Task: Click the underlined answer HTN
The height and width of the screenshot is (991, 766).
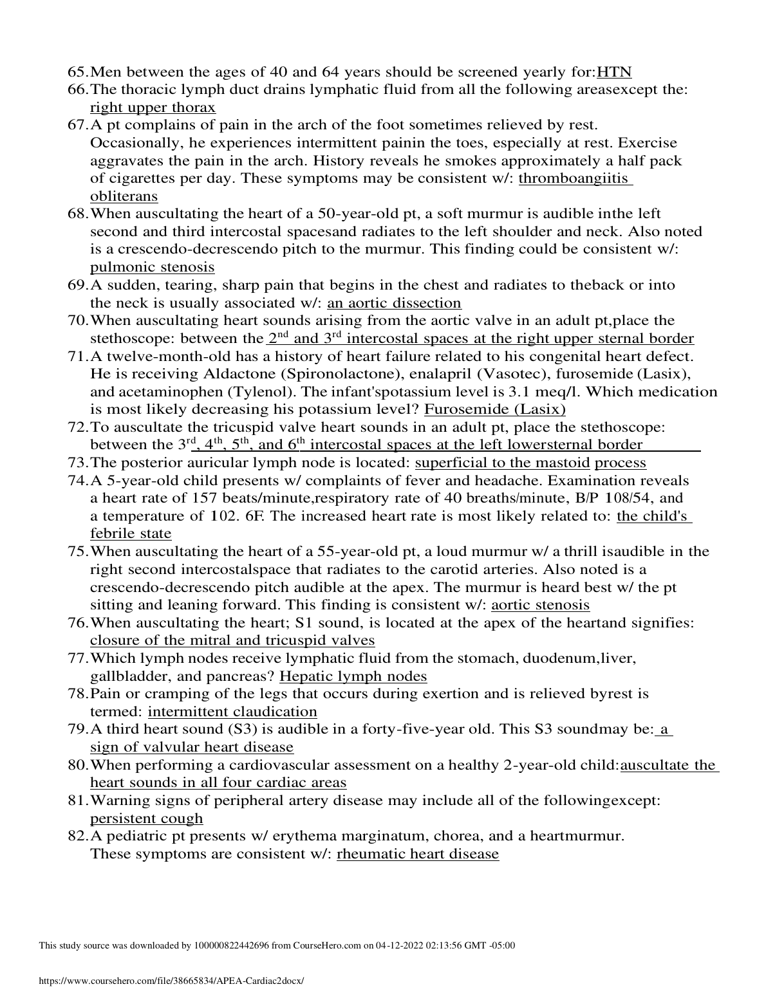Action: tap(615, 71)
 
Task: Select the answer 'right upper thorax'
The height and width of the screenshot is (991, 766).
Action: tap(153, 107)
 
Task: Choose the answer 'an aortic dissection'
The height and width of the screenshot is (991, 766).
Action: tap(394, 302)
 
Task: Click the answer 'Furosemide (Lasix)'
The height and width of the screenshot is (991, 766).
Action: tap(495, 409)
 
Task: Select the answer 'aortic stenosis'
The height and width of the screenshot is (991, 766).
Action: tap(540, 605)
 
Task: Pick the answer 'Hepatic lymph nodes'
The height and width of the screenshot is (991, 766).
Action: tap(353, 676)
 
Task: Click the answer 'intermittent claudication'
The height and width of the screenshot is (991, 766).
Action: tap(232, 712)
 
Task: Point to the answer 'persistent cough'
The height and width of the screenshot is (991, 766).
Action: tap(146, 819)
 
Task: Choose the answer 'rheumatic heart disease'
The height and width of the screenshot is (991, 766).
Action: tap(417, 854)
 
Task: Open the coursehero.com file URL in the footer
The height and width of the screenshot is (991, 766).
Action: tap(171, 981)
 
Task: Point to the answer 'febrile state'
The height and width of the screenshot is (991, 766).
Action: tap(131, 533)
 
